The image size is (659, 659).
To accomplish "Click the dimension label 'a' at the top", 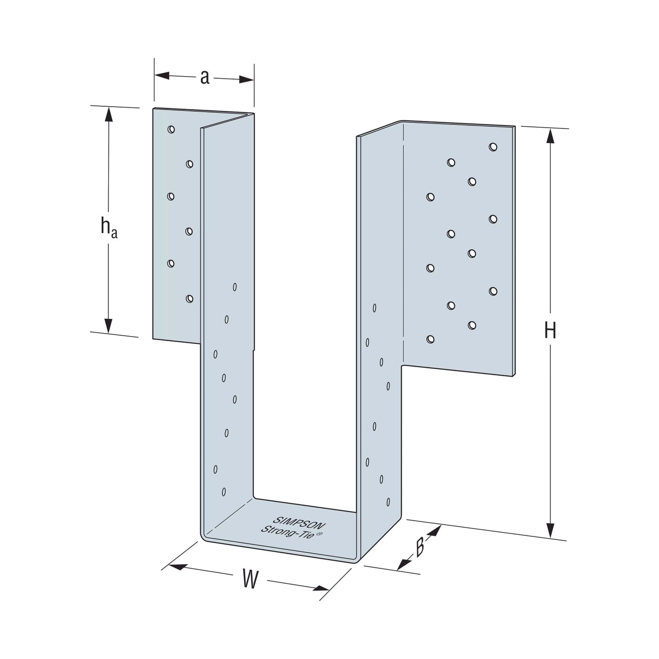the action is tap(204, 77).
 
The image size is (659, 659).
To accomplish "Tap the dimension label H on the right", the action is tap(550, 331).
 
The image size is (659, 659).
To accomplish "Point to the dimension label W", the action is tap(250, 578).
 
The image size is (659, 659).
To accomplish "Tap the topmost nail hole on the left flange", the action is tap(171, 129).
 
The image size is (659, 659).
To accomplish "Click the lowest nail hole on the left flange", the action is tap(189, 299).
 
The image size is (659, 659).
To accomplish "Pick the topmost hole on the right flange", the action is tap(493, 147).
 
